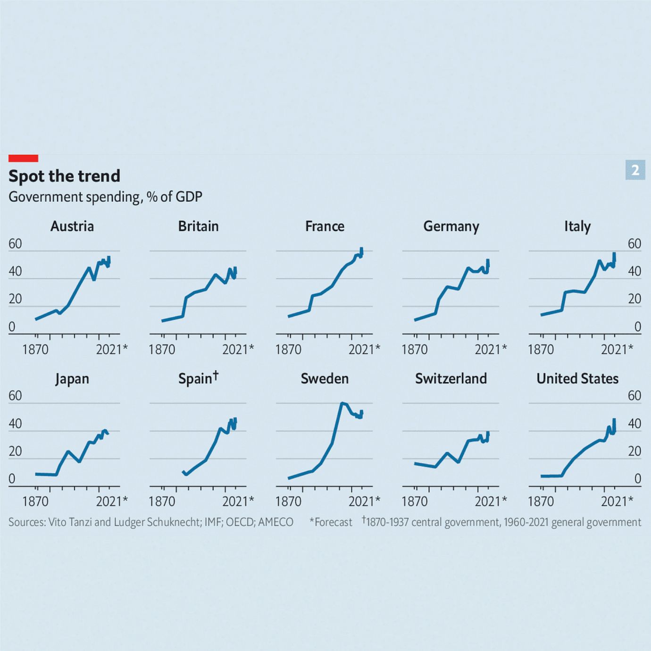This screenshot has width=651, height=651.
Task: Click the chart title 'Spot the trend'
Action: pyautogui.click(x=64, y=176)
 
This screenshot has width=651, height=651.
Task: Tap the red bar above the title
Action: pyautogui.click(x=23, y=158)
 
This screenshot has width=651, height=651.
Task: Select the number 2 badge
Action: pyautogui.click(x=635, y=170)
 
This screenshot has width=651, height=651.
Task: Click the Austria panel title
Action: pyautogui.click(x=72, y=226)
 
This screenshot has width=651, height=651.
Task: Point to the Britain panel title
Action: pyautogui.click(x=198, y=226)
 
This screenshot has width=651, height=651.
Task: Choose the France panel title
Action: pyautogui.click(x=325, y=226)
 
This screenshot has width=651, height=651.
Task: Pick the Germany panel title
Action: pyautogui.click(x=451, y=226)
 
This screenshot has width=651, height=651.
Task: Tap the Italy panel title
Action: pyautogui.click(x=577, y=226)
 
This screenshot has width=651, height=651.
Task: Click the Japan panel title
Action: pyautogui.click(x=72, y=379)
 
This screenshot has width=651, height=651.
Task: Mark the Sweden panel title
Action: pyautogui.click(x=325, y=379)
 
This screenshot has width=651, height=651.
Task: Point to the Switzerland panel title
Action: pyautogui.click(x=451, y=379)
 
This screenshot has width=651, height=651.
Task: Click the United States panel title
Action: pyautogui.click(x=577, y=379)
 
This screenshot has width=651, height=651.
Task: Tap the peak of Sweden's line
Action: pyautogui.click(x=342, y=403)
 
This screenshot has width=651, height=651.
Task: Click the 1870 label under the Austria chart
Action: pyautogui.click(x=35, y=350)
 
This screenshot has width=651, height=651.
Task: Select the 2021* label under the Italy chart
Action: pyautogui.click(x=617, y=350)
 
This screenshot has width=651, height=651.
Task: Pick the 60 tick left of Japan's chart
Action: pyautogui.click(x=15, y=396)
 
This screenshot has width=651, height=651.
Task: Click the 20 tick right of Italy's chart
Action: pyautogui.click(x=634, y=299)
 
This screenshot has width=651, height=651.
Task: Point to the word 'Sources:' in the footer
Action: pyautogui.click(x=27, y=522)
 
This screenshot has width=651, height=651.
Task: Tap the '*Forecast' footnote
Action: pyautogui.click(x=331, y=522)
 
